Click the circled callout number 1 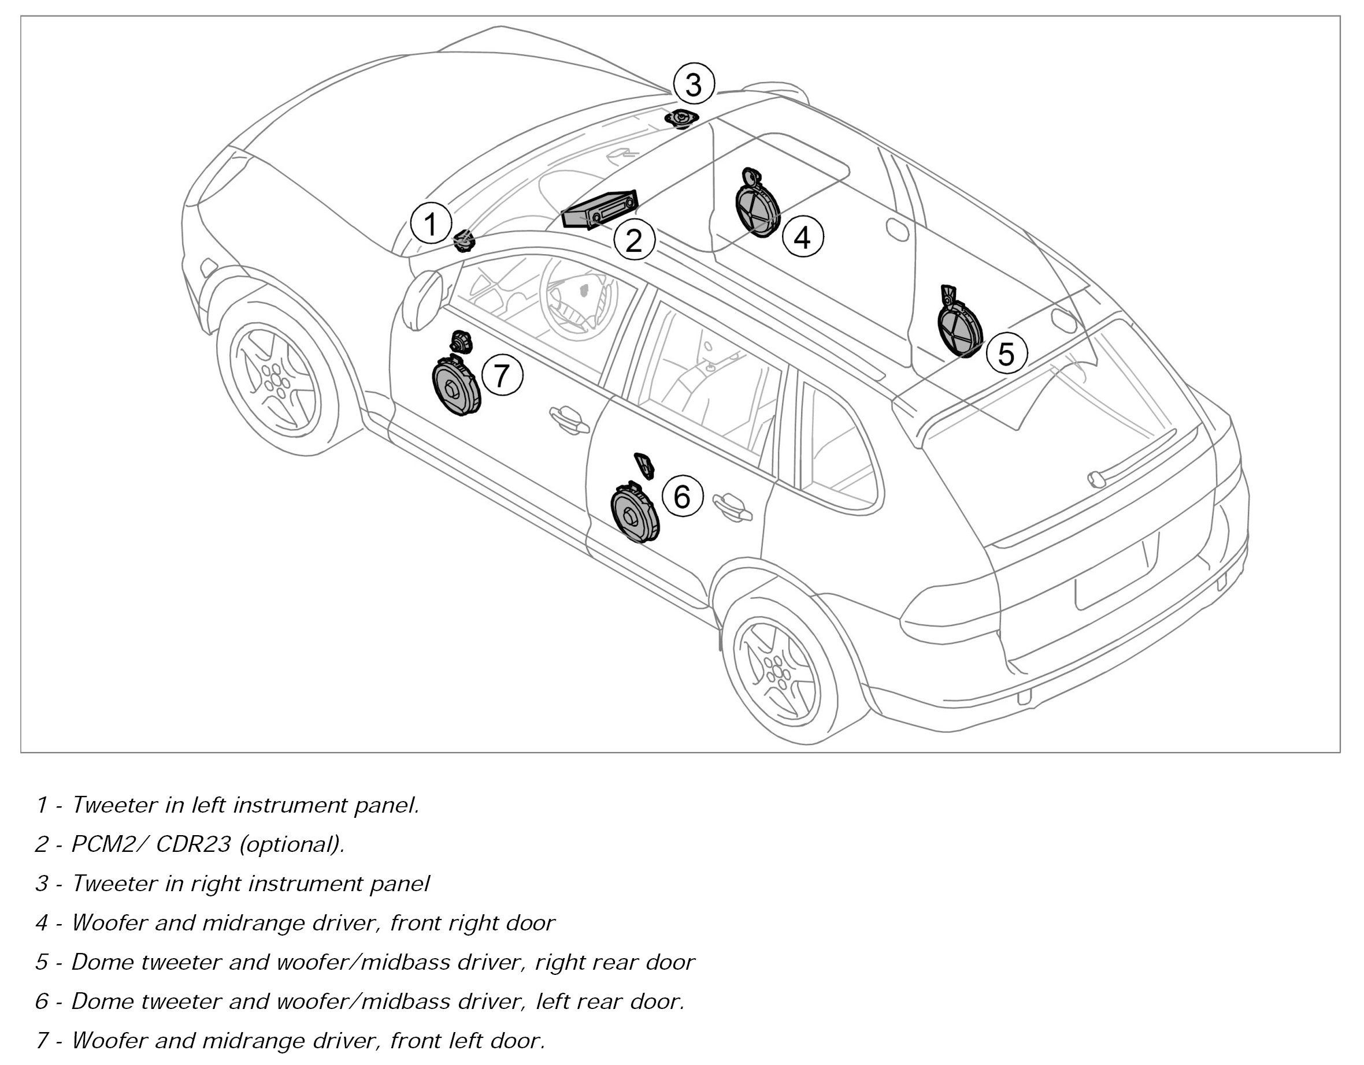(x=431, y=224)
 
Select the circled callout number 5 (x=1006, y=353)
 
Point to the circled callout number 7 (x=502, y=375)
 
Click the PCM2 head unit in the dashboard (x=599, y=210)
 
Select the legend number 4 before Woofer (x=42, y=923)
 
